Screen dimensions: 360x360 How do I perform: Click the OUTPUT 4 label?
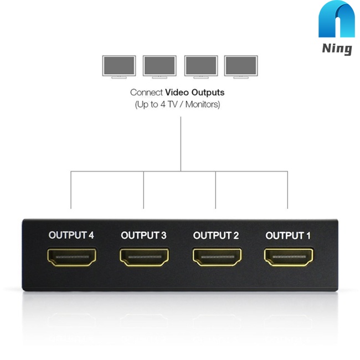coord(71,235)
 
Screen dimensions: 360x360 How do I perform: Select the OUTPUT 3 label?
coord(143,235)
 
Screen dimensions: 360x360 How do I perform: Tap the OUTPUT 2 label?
coord(216,235)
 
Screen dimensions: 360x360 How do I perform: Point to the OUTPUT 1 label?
coord(288,235)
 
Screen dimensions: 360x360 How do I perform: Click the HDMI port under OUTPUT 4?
coord(72,257)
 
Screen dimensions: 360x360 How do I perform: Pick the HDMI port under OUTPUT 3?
coord(144,257)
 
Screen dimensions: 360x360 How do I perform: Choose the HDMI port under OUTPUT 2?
coord(217,257)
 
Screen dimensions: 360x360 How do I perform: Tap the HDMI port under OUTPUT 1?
coord(289,257)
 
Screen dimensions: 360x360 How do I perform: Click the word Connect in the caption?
coord(146,92)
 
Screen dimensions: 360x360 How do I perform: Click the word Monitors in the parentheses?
coord(202,104)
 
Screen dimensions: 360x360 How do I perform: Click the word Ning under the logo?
coord(337,49)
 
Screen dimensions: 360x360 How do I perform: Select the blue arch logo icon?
coord(337,20)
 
